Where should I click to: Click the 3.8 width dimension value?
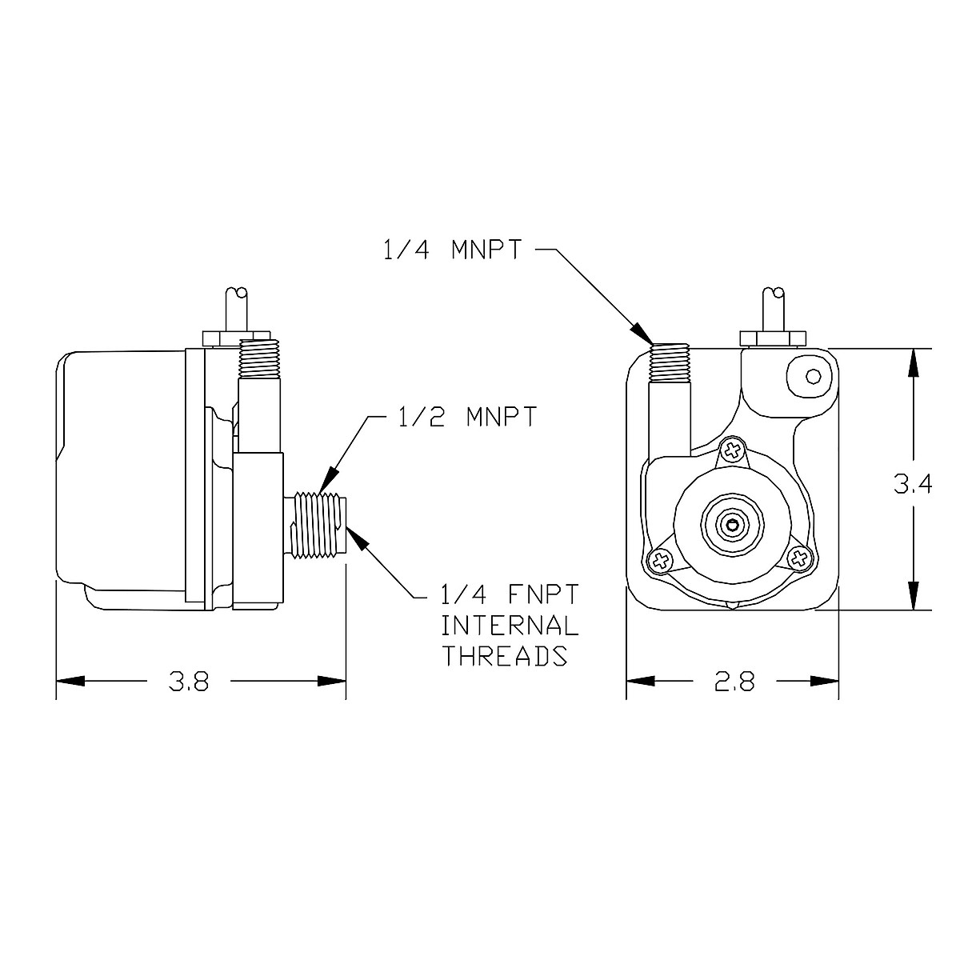[189, 682]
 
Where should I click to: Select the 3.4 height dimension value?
[912, 485]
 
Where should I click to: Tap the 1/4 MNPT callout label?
[452, 250]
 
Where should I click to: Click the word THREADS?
[505, 656]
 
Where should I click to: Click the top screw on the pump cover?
[731, 450]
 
